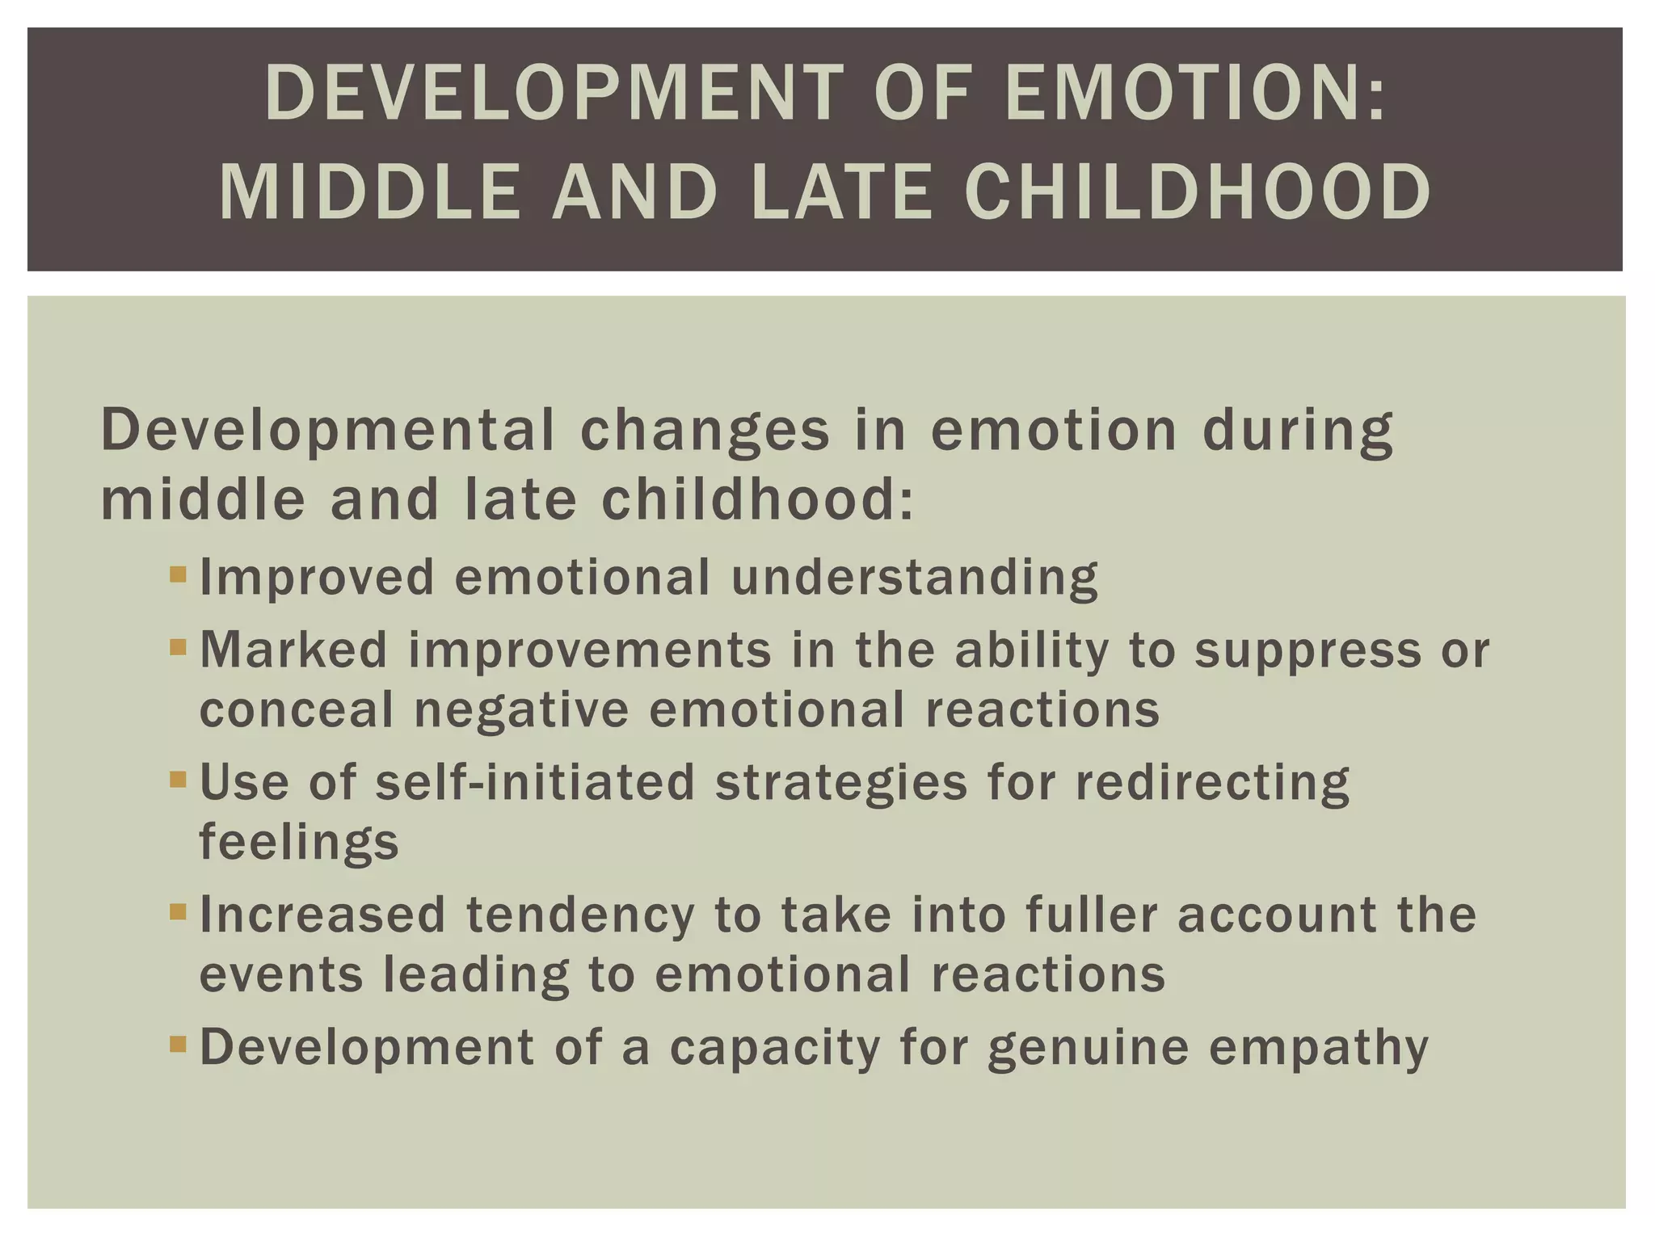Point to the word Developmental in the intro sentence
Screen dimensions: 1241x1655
tap(327, 430)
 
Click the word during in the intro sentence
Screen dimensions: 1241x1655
tap(1298, 430)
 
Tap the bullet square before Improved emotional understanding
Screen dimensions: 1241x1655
tap(179, 575)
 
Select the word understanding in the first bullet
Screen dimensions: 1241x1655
tap(915, 578)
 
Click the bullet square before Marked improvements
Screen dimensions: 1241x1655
tap(179, 647)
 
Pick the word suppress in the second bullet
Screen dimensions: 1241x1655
tap(1308, 651)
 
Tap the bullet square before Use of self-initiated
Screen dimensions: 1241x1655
tap(179, 780)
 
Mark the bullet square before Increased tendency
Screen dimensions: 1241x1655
tap(179, 912)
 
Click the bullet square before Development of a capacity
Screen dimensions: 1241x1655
tap(179, 1045)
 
